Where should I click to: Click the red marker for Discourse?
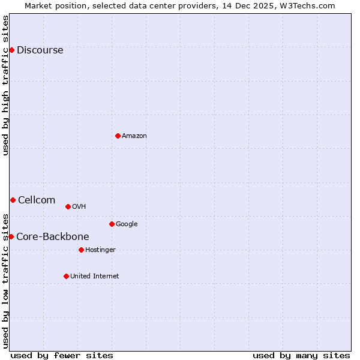(x=11, y=50)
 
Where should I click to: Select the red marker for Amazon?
(x=118, y=136)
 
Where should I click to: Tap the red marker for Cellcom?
(x=13, y=200)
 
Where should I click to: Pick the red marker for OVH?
(x=68, y=206)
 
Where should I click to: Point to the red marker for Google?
(x=112, y=224)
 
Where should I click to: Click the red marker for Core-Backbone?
(x=11, y=236)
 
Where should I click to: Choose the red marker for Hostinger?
(x=81, y=250)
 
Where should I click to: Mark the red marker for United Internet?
(x=66, y=276)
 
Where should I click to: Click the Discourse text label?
(x=40, y=50)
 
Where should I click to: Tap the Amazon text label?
(x=134, y=136)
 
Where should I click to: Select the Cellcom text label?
(x=37, y=200)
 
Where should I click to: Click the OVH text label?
(x=79, y=206)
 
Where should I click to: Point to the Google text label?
(x=127, y=224)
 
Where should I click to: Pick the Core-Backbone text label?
(x=52, y=236)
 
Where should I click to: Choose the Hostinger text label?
(x=100, y=250)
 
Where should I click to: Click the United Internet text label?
(x=94, y=276)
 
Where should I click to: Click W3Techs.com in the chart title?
(x=306, y=5)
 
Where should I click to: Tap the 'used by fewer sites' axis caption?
(x=62, y=355)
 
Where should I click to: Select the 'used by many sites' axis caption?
(x=301, y=355)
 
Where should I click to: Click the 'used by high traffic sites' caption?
(x=5, y=85)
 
